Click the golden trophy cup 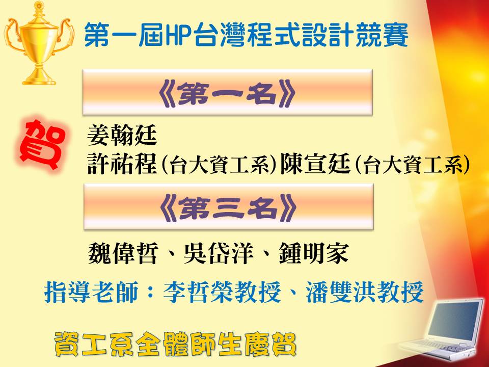[x=39, y=44]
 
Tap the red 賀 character [x=42, y=144]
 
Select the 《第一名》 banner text [x=227, y=93]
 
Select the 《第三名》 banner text [x=228, y=208]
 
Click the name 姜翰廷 [x=122, y=136]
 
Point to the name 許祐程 [x=122, y=164]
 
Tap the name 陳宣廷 [x=315, y=164]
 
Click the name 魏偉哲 [x=123, y=253]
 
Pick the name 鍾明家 [x=314, y=253]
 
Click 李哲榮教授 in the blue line [x=222, y=292]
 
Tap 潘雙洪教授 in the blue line [x=364, y=292]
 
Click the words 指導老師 [x=91, y=292]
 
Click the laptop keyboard [x=440, y=347]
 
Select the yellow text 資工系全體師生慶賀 [x=175, y=344]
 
